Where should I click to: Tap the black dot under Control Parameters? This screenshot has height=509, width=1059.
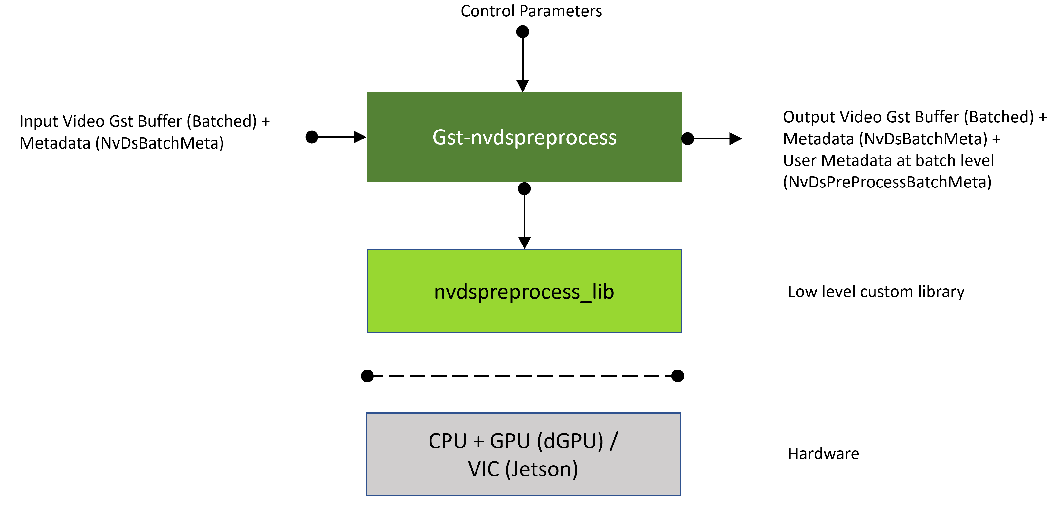[x=523, y=32]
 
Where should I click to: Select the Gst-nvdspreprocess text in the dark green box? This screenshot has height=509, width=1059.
[x=524, y=137]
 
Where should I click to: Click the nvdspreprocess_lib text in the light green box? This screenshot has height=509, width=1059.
[x=524, y=292]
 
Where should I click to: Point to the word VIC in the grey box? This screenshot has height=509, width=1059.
[x=484, y=469]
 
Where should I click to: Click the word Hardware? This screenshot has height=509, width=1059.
[x=823, y=454]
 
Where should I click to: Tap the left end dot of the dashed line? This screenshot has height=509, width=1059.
[x=367, y=376]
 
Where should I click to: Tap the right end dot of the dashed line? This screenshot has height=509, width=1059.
[x=677, y=376]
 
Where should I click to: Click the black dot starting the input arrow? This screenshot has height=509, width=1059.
[x=312, y=137]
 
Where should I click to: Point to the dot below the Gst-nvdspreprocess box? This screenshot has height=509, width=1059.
[x=524, y=189]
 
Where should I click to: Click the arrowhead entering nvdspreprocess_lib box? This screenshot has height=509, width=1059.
[x=525, y=243]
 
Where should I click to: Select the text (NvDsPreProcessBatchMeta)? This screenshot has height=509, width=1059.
[x=887, y=182]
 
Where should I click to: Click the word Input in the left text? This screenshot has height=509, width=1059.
[x=35, y=121]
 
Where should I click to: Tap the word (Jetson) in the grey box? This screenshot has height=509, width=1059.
[x=542, y=469]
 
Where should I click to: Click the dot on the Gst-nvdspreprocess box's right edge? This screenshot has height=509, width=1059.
[x=687, y=139]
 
